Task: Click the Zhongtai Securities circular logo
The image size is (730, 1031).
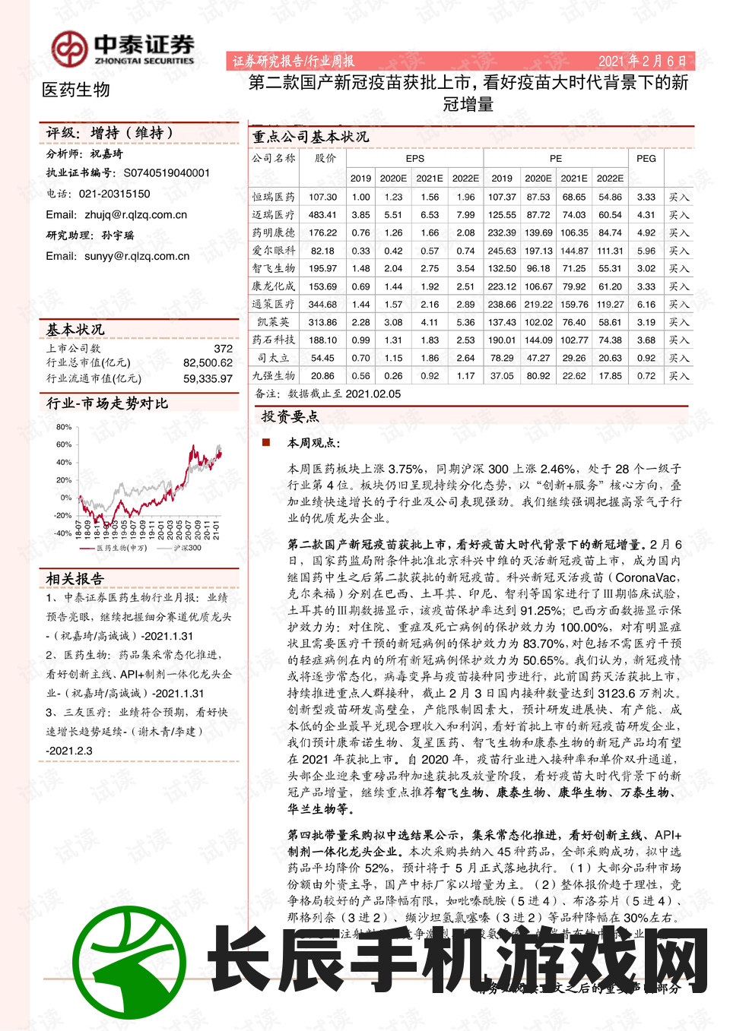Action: (69, 49)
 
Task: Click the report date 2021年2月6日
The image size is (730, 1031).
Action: (642, 61)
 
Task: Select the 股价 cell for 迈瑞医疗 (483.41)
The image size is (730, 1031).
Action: (322, 215)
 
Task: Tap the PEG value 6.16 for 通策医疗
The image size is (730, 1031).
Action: (646, 304)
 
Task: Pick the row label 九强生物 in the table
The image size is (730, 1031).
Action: (274, 375)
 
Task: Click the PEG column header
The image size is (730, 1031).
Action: (646, 158)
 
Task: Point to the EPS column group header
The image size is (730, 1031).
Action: (414, 158)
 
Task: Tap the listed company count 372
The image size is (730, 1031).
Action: (223, 348)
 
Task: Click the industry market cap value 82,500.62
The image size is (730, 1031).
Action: (208, 363)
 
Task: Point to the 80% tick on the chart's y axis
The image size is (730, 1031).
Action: (64, 427)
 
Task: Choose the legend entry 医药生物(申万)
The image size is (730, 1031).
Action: (122, 548)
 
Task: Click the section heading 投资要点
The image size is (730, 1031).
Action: (290, 416)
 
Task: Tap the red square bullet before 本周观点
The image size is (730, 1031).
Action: (266, 441)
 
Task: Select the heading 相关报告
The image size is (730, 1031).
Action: (75, 578)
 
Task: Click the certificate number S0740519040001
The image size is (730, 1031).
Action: (167, 173)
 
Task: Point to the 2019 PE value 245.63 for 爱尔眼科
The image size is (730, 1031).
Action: (502, 251)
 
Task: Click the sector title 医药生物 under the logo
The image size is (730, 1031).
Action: (76, 90)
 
